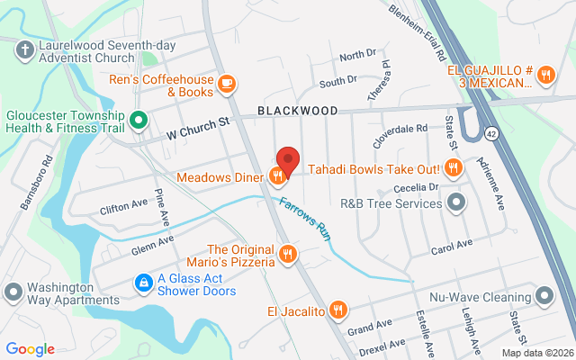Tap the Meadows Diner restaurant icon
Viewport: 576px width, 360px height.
[x=276, y=176]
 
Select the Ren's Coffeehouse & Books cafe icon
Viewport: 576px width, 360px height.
[x=228, y=84]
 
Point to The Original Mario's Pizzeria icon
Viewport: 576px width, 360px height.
[x=287, y=255]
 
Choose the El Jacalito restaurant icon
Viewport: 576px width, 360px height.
[x=337, y=311]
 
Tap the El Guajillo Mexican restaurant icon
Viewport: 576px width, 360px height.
[x=546, y=76]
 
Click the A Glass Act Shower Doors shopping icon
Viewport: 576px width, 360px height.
[x=142, y=283]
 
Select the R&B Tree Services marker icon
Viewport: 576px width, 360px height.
[x=456, y=202]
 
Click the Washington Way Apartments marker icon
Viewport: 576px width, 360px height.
[x=13, y=292]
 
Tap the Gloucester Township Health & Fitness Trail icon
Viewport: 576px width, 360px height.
[x=138, y=119]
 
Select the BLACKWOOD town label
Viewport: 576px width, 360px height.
[x=297, y=111]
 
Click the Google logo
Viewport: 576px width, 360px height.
[x=30, y=349]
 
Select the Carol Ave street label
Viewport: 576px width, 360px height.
[x=452, y=244]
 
